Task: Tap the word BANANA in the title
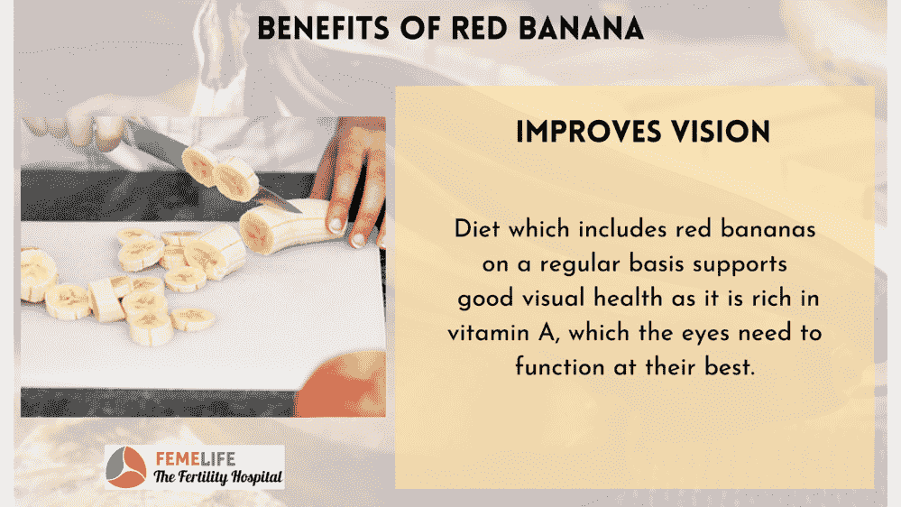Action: tap(581, 28)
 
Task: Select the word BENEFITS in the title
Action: tap(323, 28)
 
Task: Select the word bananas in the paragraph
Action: tap(768, 229)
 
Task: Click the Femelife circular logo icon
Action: tap(126, 466)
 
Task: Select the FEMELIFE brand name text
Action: tap(196, 458)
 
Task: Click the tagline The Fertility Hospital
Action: tap(217, 476)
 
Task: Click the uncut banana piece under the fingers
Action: tap(288, 226)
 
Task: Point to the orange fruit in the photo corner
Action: tap(343, 385)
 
